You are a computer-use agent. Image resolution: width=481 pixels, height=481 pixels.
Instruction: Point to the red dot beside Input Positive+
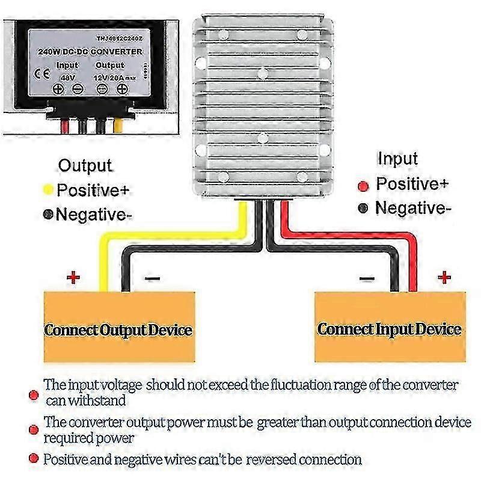click(363, 185)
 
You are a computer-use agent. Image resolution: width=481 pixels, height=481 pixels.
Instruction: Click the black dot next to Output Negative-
click(48, 214)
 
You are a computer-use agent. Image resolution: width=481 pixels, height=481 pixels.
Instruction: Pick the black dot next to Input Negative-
click(363, 209)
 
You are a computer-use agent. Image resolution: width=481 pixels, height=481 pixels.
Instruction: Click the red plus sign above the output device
click(73, 277)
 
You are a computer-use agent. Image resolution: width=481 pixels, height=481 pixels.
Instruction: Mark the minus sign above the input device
click(367, 278)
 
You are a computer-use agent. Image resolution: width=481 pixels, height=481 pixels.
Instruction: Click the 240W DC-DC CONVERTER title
click(91, 52)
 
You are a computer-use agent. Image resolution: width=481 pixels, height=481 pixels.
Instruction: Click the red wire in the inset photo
click(64, 126)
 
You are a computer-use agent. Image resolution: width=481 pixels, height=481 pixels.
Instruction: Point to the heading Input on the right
click(397, 159)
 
